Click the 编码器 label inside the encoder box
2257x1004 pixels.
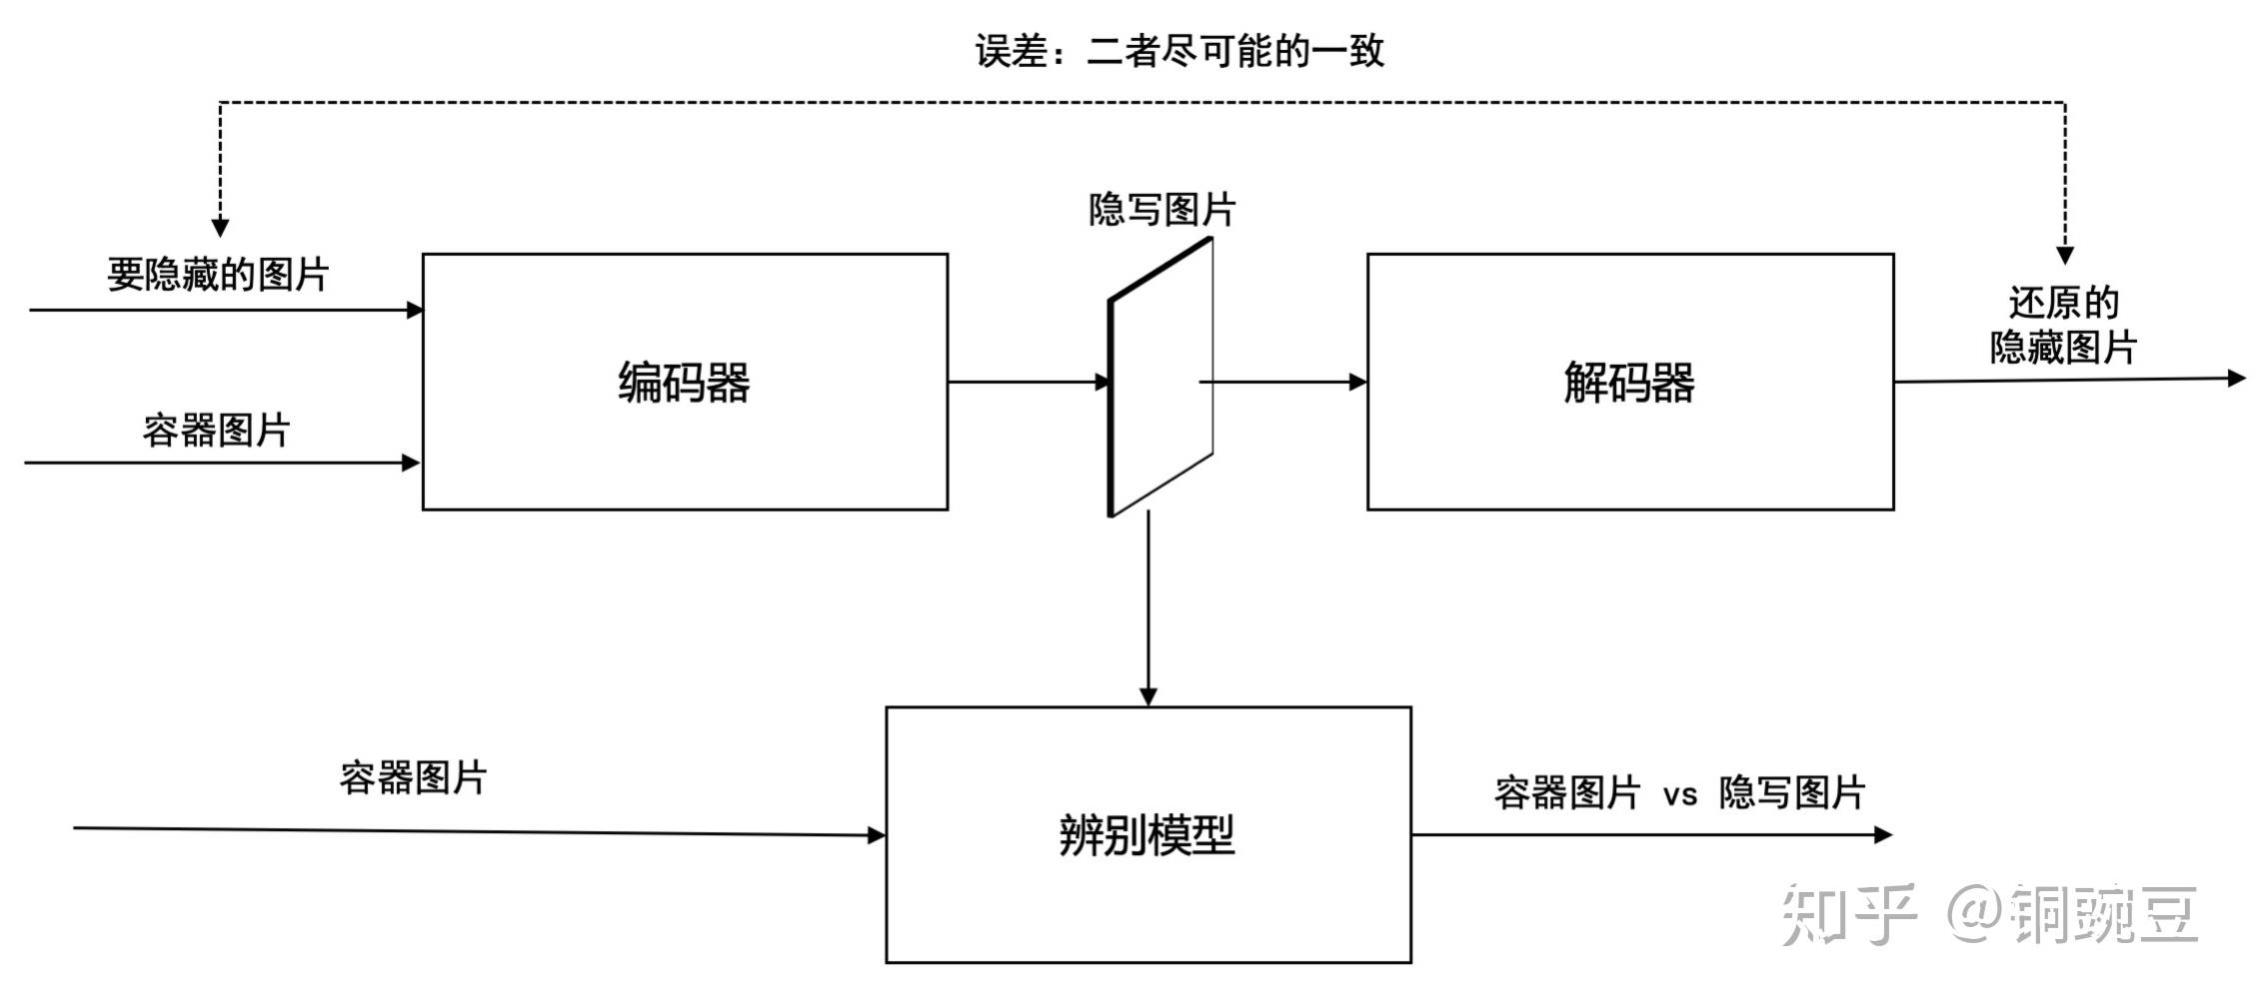(684, 383)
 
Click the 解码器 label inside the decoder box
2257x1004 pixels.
(1629, 383)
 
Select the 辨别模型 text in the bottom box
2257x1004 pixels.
(1147, 835)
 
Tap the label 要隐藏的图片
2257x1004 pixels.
(218, 275)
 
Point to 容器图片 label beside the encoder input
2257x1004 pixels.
(216, 431)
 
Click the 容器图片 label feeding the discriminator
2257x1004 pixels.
(413, 777)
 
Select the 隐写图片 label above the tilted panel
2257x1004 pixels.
(1161, 210)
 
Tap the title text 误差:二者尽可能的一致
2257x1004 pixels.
(1179, 51)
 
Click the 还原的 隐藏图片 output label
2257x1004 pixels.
(2063, 325)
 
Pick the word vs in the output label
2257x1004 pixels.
(1680, 795)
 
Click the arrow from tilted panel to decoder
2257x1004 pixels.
(1284, 382)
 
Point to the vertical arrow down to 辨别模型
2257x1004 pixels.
(1148, 609)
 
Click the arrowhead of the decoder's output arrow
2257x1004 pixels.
(2237, 378)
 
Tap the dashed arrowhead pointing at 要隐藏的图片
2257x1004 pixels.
(220, 228)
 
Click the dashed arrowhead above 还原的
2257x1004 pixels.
(2065, 255)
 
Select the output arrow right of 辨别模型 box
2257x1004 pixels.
(1649, 835)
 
